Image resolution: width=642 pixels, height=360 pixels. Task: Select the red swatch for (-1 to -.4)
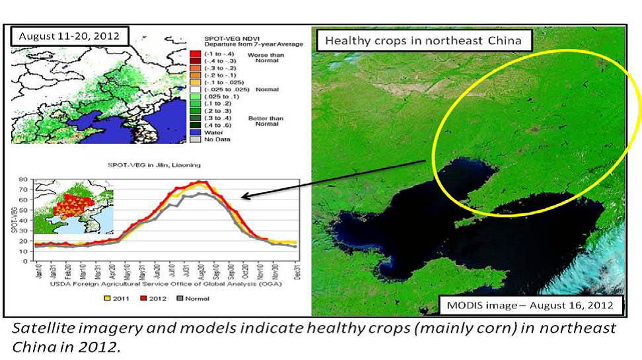195,54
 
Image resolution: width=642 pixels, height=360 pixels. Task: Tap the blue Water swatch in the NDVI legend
195,132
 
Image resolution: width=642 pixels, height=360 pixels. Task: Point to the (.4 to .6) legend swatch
195,124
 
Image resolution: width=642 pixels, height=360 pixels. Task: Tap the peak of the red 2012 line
203,182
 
